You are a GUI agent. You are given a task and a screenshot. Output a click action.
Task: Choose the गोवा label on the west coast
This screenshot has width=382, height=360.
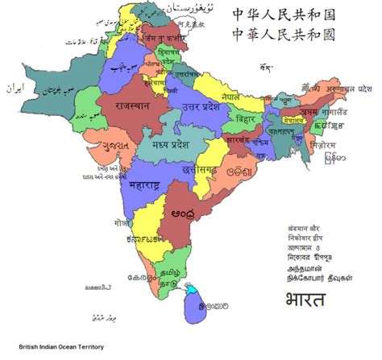tap(121, 219)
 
